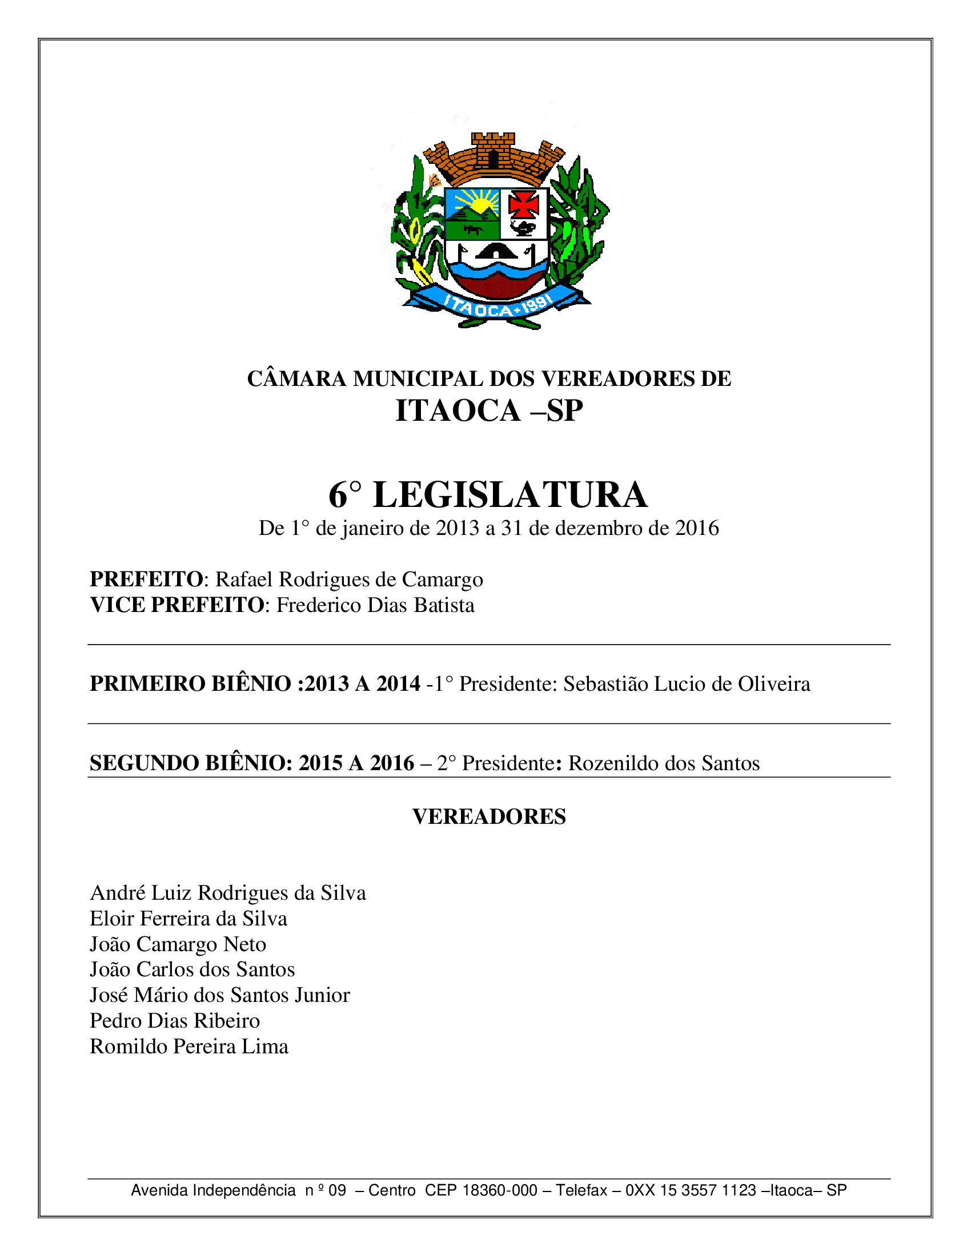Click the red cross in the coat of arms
(x=523, y=205)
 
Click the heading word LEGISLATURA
(x=510, y=495)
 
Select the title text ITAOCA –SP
(x=489, y=410)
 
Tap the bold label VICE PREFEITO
(x=176, y=605)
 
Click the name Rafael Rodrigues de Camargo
(x=348, y=579)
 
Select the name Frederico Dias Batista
(x=375, y=605)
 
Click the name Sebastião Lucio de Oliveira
(x=686, y=684)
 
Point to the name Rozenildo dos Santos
(x=664, y=763)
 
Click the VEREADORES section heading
(x=489, y=816)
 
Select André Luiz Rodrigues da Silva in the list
(x=228, y=893)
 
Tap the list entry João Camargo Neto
(x=178, y=944)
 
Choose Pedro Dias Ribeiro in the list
(x=175, y=1021)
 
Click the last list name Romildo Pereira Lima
(x=188, y=1046)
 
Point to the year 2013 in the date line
(x=458, y=528)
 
